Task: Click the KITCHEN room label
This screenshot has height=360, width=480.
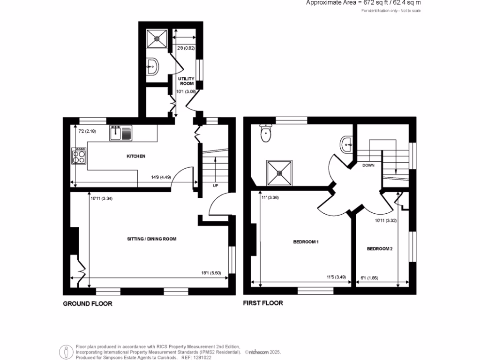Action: (136, 156)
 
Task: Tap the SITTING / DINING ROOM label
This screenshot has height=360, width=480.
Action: (152, 239)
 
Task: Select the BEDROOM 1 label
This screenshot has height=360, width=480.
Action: (306, 242)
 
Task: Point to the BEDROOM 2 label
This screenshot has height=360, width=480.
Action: (379, 248)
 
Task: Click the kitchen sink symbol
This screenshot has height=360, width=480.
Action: (121, 133)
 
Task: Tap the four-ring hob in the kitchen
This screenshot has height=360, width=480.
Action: (78, 156)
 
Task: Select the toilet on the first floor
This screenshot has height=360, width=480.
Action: (266, 133)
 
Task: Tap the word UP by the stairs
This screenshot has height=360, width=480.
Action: (215, 185)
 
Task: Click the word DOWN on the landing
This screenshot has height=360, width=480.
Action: (368, 165)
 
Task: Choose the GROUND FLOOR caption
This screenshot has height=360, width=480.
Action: (88, 304)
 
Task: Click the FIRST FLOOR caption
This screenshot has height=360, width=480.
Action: (263, 303)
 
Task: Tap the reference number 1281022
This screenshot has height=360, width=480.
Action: (203, 357)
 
